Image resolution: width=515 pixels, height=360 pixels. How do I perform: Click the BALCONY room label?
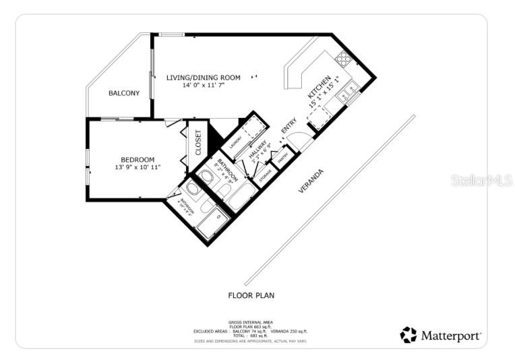tap(124, 93)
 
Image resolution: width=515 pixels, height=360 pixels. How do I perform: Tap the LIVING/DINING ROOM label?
tap(203, 78)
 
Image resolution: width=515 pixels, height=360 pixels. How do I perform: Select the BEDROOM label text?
tap(138, 159)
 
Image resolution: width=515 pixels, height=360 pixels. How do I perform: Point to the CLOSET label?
tap(198, 142)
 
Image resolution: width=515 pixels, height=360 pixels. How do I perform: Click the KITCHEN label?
tap(320, 92)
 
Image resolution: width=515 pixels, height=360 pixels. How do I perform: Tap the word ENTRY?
tap(289, 126)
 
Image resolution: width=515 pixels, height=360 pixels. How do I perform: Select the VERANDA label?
tap(311, 181)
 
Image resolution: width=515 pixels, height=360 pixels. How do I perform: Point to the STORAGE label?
tap(266, 174)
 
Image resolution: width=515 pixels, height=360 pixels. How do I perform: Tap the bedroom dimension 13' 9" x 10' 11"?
tap(138, 167)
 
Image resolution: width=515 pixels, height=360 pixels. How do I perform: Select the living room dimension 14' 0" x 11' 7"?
tap(203, 86)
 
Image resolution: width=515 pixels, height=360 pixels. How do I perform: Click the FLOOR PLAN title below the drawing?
tap(251, 295)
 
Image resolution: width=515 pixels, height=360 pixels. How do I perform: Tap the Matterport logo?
tap(441, 335)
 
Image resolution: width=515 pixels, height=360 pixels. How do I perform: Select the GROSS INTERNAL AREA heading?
tap(251, 322)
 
